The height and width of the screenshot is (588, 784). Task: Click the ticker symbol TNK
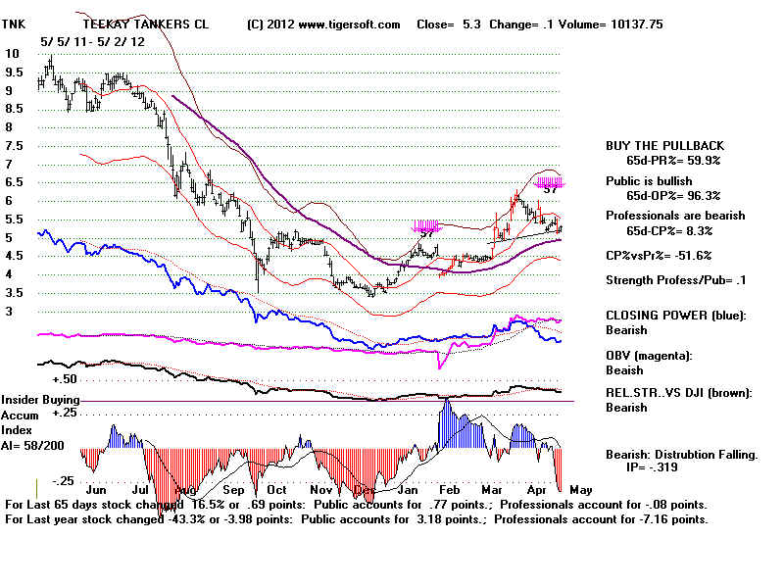(x=17, y=23)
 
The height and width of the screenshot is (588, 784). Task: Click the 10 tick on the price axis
(x=12, y=54)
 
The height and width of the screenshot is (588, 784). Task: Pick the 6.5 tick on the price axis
(x=13, y=182)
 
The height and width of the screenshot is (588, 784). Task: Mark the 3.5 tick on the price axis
(x=13, y=293)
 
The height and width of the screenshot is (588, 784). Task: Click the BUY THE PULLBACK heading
(x=663, y=146)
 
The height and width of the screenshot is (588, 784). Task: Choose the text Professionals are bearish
(x=675, y=216)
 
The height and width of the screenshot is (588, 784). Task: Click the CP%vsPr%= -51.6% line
(x=659, y=256)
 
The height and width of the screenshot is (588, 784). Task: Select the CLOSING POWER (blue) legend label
(x=675, y=316)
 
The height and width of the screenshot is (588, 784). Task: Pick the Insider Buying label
(x=40, y=401)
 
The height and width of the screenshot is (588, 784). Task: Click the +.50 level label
(x=65, y=379)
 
